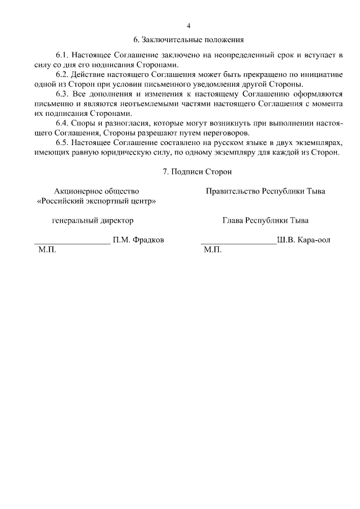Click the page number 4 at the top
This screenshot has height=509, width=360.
[x=188, y=26]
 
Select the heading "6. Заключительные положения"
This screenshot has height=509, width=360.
[x=188, y=40]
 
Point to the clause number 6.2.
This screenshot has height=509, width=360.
[x=62, y=75]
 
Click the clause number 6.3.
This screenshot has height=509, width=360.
[x=62, y=94]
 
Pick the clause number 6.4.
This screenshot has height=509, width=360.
[x=62, y=123]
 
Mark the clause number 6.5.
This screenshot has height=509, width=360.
[x=62, y=143]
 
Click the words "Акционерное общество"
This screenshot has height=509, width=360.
[x=96, y=191]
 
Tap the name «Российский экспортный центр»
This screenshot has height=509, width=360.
[x=96, y=201]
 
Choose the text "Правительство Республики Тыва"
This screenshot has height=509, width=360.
[x=265, y=191]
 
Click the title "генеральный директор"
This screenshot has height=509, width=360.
[x=93, y=220]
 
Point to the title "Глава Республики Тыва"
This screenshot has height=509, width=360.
[x=265, y=220]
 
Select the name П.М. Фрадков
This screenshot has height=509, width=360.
[x=138, y=240]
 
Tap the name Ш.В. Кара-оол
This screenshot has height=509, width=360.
[x=304, y=240]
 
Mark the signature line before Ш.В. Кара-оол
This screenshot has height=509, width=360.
[x=238, y=243]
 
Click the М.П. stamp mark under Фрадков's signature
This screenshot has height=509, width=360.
[x=46, y=250]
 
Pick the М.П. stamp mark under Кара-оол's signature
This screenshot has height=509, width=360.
[x=213, y=250]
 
